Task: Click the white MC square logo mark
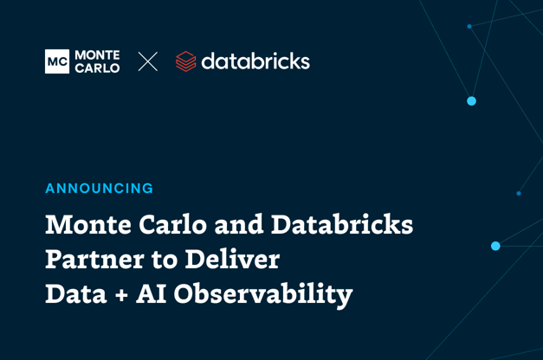[56, 61]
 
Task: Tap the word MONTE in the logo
[98, 55]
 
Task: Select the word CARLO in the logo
[98, 68]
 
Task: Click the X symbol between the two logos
[148, 61]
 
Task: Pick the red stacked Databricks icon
[185, 61]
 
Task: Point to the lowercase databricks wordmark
[255, 61]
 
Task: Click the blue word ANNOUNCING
[99, 189]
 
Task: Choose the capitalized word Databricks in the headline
[342, 225]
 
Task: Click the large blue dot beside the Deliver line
[495, 247]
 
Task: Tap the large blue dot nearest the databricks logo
[471, 101]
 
